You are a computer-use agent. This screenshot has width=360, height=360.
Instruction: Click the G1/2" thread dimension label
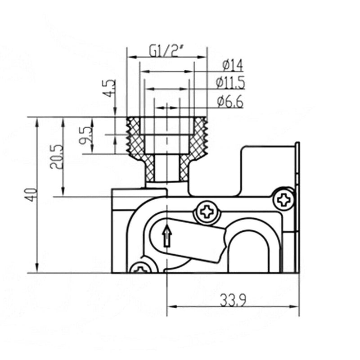point(166,51)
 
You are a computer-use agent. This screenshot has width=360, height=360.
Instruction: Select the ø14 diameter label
point(232,66)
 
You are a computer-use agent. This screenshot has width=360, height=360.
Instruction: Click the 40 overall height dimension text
point(31,194)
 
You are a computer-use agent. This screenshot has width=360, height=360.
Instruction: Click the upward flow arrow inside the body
point(167,236)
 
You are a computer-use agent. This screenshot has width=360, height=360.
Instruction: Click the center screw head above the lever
point(207,211)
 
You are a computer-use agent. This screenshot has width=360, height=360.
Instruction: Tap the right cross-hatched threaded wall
point(198,135)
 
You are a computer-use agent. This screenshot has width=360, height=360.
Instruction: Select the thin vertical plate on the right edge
point(297,207)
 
